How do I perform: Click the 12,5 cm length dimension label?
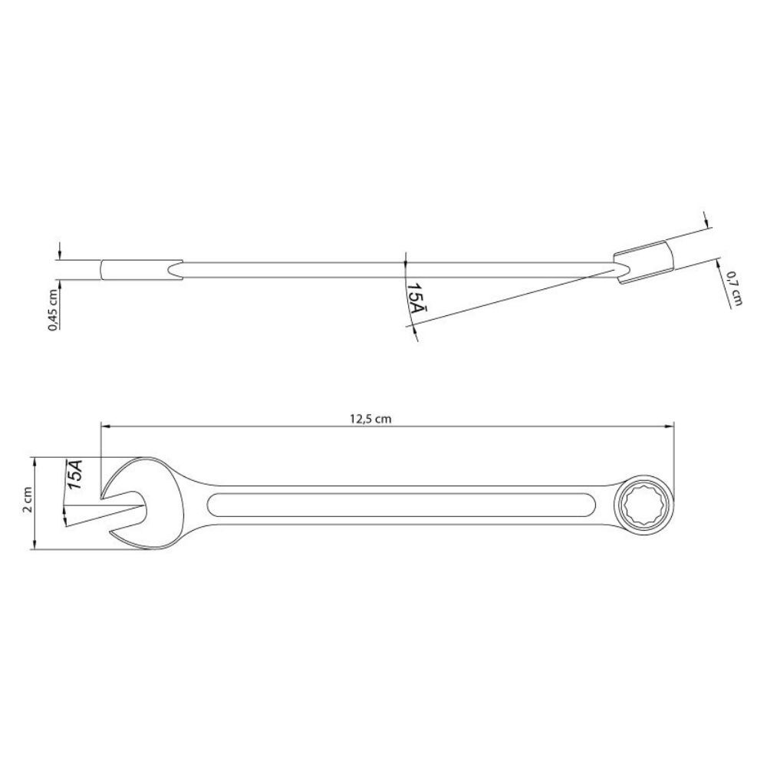tap(370, 419)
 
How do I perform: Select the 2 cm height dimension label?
tap(28, 499)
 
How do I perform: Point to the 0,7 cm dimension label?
tap(736, 288)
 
